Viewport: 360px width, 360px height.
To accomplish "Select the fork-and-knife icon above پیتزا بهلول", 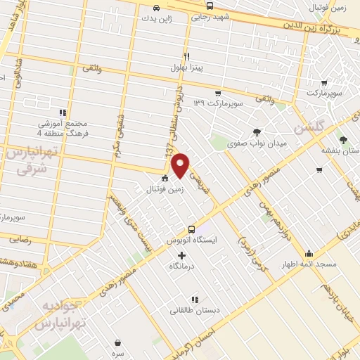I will (186, 56).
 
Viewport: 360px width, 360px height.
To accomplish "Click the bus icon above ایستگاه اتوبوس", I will (191, 229).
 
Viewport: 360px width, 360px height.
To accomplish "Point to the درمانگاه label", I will (182, 266).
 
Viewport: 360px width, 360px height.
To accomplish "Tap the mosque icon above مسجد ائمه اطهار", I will (308, 253).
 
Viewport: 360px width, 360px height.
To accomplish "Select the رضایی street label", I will (20, 240).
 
